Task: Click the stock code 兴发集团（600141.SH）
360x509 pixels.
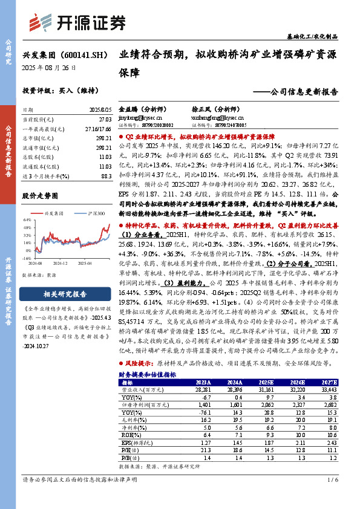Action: click(x=62, y=54)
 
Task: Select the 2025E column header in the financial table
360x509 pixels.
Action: click(x=267, y=383)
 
